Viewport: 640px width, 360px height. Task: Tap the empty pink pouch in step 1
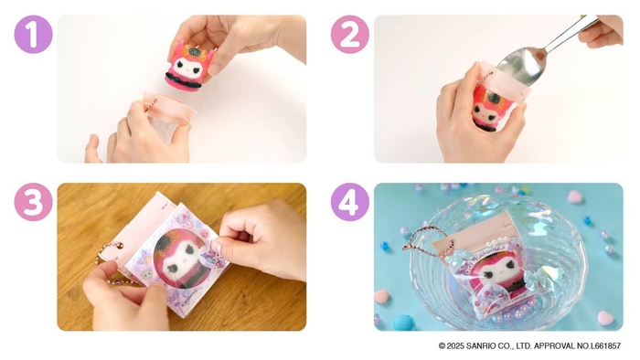168,110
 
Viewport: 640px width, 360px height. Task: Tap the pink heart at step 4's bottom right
604,318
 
